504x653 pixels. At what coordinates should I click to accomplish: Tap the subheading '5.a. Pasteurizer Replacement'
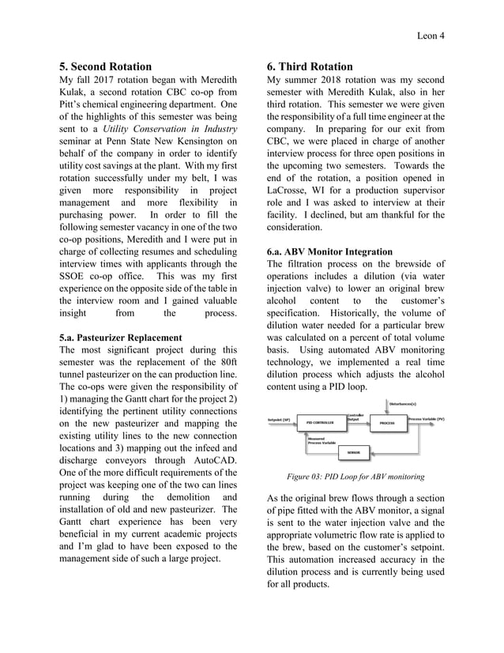pos(120,338)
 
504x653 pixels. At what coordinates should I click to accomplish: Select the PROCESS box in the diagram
pos(386,423)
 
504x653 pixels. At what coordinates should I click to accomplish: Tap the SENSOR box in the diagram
pos(353,453)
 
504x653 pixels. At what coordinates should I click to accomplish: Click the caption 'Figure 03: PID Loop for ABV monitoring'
pos(355,477)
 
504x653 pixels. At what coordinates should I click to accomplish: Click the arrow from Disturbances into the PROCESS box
pos(386,411)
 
